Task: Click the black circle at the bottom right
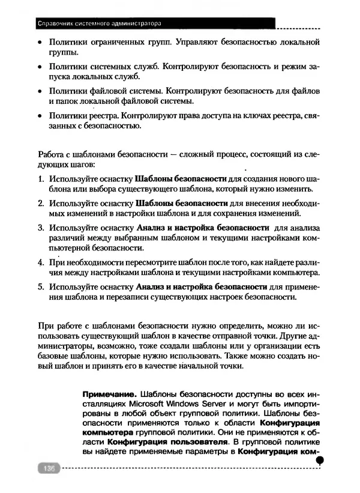click(320, 459)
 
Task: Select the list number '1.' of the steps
click(41, 180)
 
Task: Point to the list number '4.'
click(41, 262)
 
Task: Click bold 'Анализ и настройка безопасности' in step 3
click(203, 228)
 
